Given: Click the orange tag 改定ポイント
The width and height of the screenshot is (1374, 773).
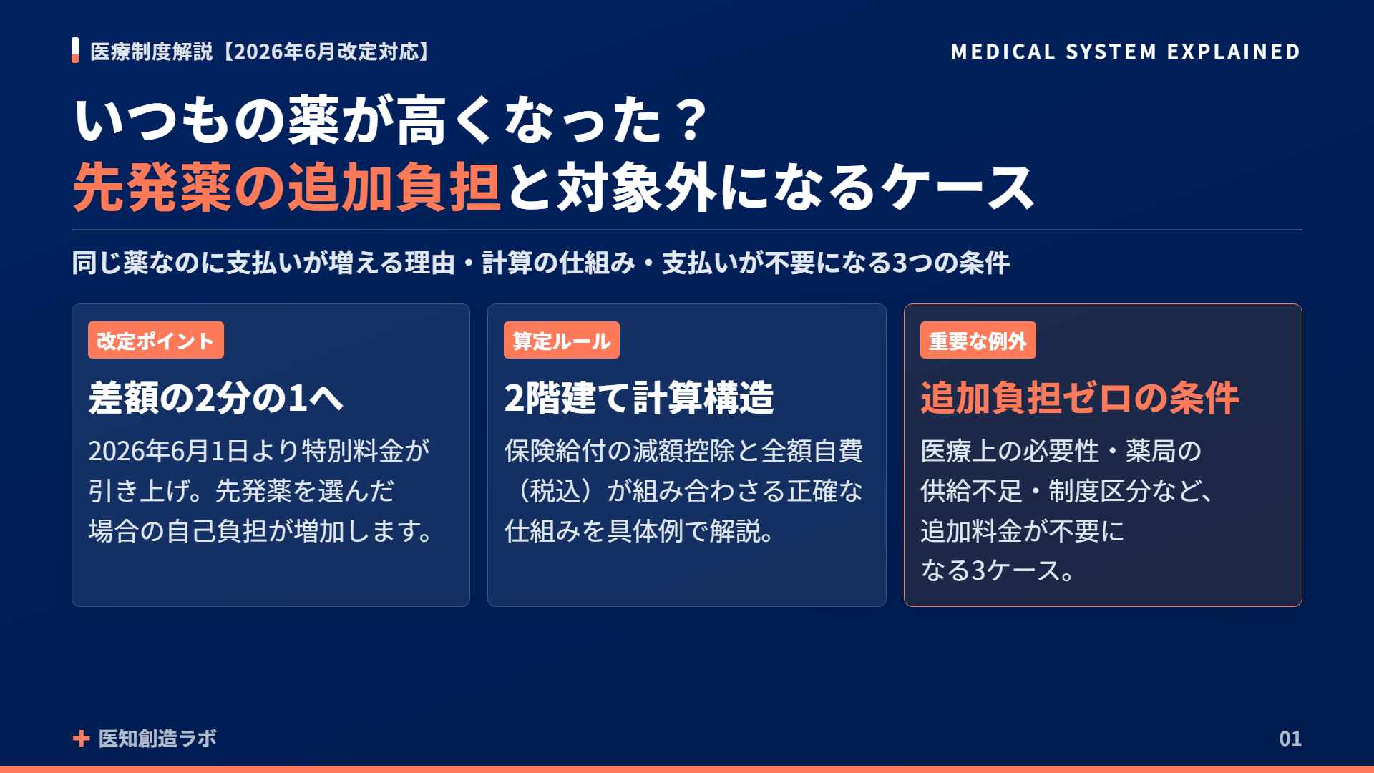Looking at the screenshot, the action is pyautogui.click(x=155, y=340).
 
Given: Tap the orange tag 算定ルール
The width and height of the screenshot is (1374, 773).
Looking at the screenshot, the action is pyautogui.click(x=561, y=340).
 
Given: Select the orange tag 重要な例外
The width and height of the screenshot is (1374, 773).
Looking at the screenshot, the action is pyautogui.click(x=978, y=340).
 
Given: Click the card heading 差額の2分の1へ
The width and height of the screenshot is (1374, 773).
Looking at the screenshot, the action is pyautogui.click(x=215, y=398).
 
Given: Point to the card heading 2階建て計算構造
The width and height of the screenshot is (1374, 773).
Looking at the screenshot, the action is pyautogui.click(x=639, y=398).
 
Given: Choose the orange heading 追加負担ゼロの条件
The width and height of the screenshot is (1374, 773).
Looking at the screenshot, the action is pyautogui.click(x=1080, y=398).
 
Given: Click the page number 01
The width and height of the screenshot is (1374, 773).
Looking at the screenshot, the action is pyautogui.click(x=1290, y=739).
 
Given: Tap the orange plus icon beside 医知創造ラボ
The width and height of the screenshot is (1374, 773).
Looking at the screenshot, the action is pyautogui.click(x=81, y=739).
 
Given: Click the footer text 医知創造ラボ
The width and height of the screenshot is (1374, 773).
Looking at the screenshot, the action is pyautogui.click(x=157, y=739).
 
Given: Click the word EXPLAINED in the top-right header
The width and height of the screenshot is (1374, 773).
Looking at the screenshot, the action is pyautogui.click(x=1234, y=52).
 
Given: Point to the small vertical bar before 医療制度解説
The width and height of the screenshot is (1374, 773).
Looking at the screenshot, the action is pyautogui.click(x=75, y=50).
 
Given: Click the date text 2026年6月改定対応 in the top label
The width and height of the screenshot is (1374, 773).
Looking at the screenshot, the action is pyautogui.click(x=326, y=52).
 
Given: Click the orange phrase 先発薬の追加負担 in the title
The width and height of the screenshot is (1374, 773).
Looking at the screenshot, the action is pyautogui.click(x=287, y=188).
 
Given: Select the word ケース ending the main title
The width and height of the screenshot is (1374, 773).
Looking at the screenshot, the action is pyautogui.click(x=958, y=188).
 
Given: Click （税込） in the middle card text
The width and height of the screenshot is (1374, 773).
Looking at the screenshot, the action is pyautogui.click(x=555, y=491).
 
